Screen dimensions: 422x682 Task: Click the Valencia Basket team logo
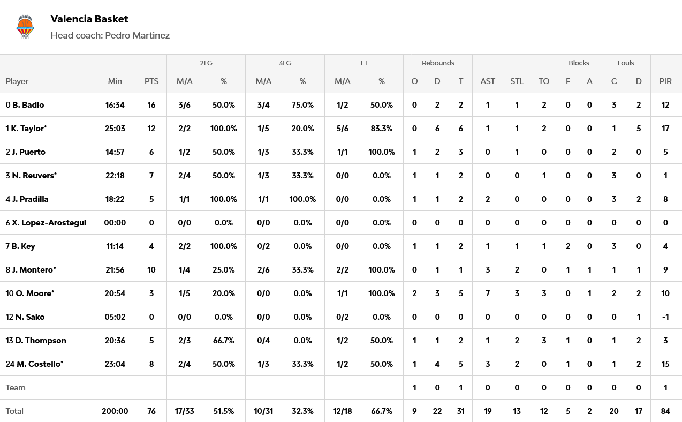pyautogui.click(x=25, y=27)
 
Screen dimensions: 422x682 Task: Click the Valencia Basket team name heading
pyautogui.click(x=89, y=19)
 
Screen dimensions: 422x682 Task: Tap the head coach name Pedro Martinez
pyautogui.click(x=137, y=35)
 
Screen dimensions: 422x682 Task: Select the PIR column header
pyautogui.click(x=665, y=81)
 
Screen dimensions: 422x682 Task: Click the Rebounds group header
pyautogui.click(x=438, y=63)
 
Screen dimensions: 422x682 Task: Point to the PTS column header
pyautogui.click(x=151, y=81)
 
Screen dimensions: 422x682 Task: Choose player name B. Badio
pyautogui.click(x=28, y=105)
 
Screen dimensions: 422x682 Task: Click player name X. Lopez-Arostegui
pyautogui.click(x=49, y=223)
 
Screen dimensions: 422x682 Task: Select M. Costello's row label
pyautogui.click(x=40, y=364)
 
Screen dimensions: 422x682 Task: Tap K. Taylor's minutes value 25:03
pyautogui.click(x=115, y=129)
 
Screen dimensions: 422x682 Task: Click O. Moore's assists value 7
pyautogui.click(x=488, y=293)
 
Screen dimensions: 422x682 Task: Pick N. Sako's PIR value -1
pyautogui.click(x=665, y=317)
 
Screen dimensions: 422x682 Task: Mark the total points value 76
pyautogui.click(x=151, y=411)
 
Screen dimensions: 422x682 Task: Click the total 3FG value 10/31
pyautogui.click(x=263, y=411)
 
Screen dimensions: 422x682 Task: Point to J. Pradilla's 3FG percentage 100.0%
pyautogui.click(x=302, y=199)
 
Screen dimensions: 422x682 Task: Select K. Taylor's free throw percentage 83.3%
pyautogui.click(x=382, y=129)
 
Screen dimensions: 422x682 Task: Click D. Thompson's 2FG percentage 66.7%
pyautogui.click(x=224, y=341)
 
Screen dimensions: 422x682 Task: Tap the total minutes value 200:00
pyautogui.click(x=115, y=411)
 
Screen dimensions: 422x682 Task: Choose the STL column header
pyautogui.click(x=517, y=81)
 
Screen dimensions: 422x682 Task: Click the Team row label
pyautogui.click(x=16, y=388)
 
